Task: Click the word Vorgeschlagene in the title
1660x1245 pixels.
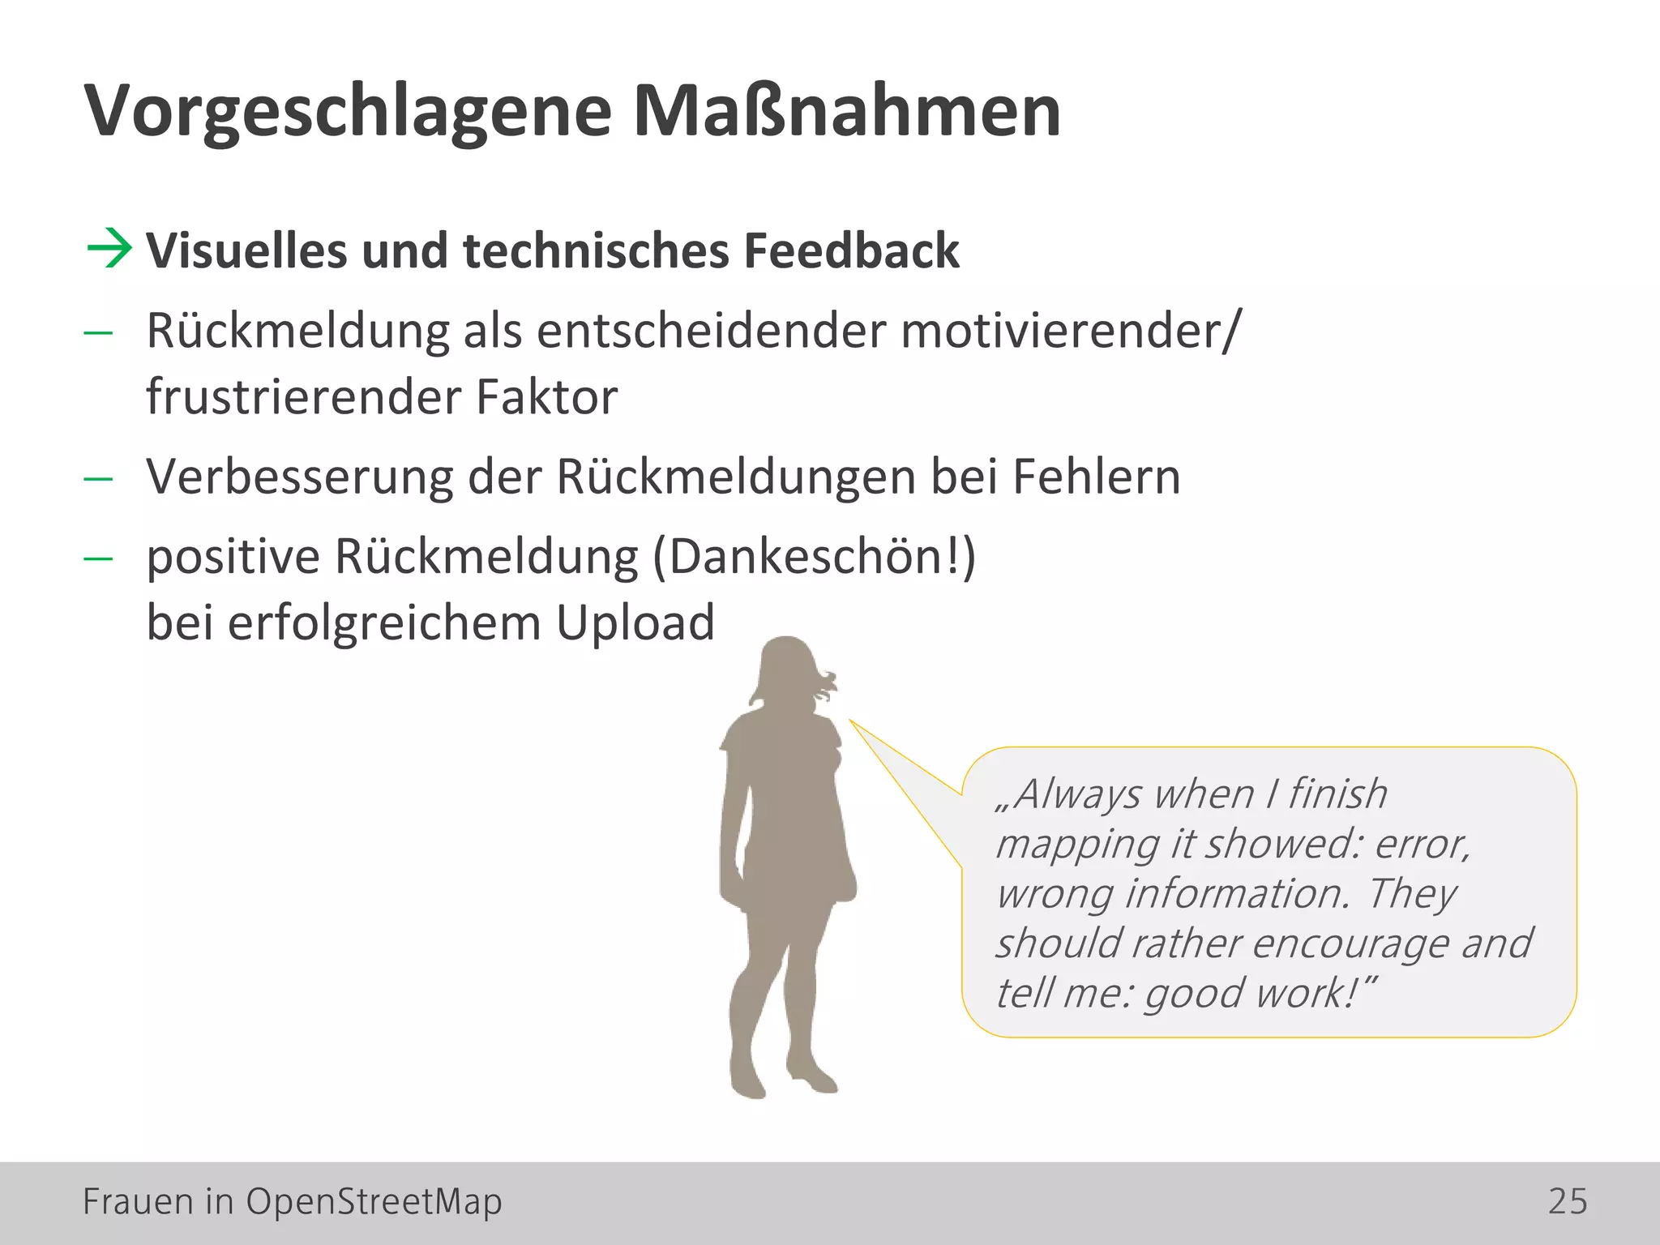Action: click(349, 112)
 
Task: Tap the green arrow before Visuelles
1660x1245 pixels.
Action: click(109, 248)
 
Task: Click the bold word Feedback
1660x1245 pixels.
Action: click(851, 250)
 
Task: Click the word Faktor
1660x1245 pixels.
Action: click(546, 397)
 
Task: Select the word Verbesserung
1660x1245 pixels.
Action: click(299, 477)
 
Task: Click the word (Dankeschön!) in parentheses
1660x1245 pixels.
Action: click(814, 558)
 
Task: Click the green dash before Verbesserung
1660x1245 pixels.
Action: click(98, 478)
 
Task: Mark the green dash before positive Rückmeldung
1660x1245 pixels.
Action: click(98, 558)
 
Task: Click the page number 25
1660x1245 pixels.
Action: click(1568, 1201)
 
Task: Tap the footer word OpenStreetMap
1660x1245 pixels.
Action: click(374, 1201)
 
